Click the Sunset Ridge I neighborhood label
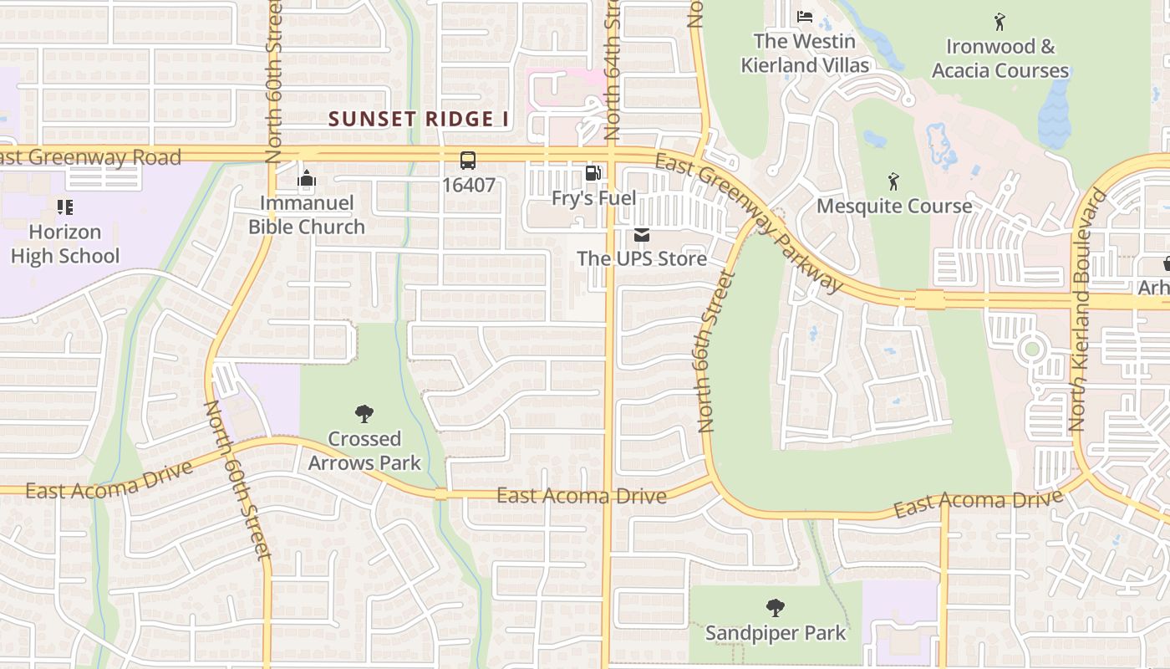418,119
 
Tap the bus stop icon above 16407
468,161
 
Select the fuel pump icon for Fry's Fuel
593,173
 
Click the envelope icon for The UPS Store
641,235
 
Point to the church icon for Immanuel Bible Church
307,179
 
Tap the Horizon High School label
65,244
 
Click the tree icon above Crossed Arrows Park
364,413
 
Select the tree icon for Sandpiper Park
776,608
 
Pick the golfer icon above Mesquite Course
893,181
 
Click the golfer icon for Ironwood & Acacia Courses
1000,22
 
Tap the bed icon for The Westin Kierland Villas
804,16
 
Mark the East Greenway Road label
90,157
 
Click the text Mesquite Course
894,206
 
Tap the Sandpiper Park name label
776,633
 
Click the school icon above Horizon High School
64,207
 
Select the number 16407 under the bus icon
468,185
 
